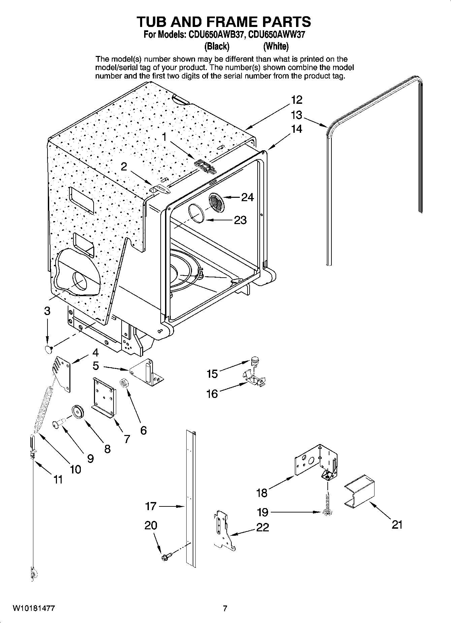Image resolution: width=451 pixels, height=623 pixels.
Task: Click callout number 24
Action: tap(247, 197)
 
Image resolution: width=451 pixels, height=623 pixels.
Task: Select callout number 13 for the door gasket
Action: tap(296, 115)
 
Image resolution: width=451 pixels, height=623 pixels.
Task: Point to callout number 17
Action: tap(151, 506)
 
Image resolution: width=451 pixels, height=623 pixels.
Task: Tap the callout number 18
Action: tap(261, 493)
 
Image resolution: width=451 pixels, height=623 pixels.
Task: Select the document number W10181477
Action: tap(34, 609)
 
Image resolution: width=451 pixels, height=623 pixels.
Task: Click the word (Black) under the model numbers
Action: tap(217, 46)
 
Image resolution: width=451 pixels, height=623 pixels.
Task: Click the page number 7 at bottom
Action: tap(225, 609)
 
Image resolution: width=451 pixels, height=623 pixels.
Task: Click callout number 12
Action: tap(296, 100)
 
